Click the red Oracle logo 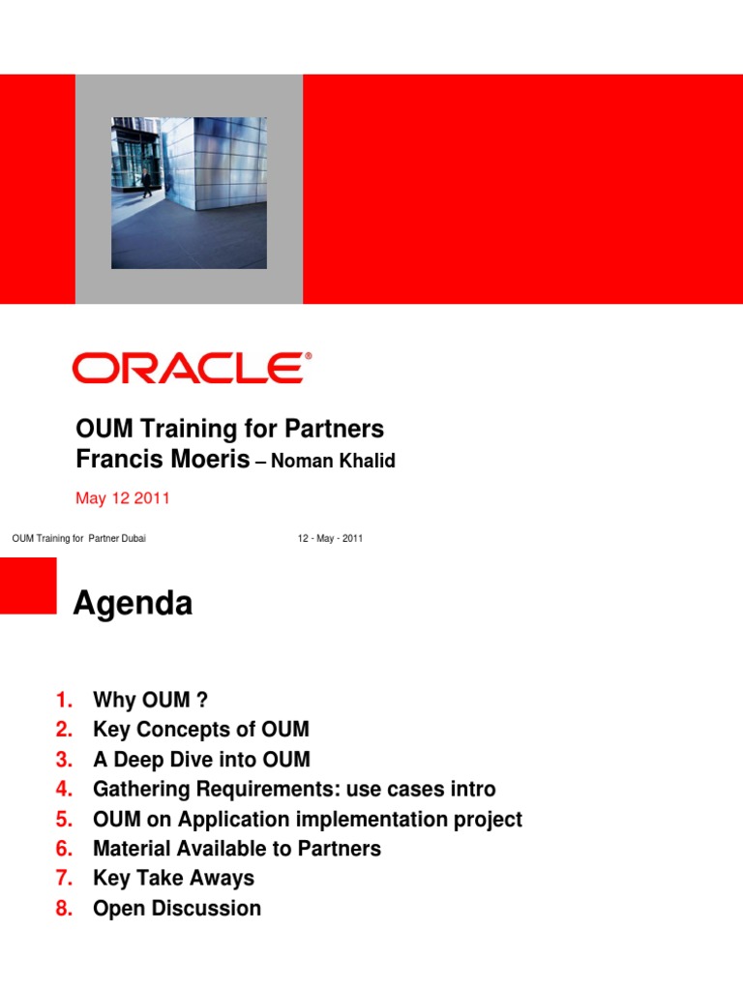click(192, 368)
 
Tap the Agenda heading click(133, 604)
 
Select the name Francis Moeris click(162, 460)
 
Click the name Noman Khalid click(333, 462)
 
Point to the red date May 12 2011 click(122, 498)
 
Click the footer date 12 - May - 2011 click(330, 538)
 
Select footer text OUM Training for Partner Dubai click(78, 538)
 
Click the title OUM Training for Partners click(229, 429)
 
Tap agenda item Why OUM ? click(150, 700)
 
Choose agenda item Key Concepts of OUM click(200, 730)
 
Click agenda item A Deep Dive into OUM click(201, 760)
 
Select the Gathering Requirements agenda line click(294, 790)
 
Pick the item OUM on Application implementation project click(307, 820)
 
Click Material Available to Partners click(237, 849)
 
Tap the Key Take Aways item click(173, 879)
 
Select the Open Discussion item click(177, 909)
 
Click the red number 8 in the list click(64, 909)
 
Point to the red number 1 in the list click(64, 700)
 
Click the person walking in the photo click(147, 183)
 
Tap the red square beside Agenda click(27, 585)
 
